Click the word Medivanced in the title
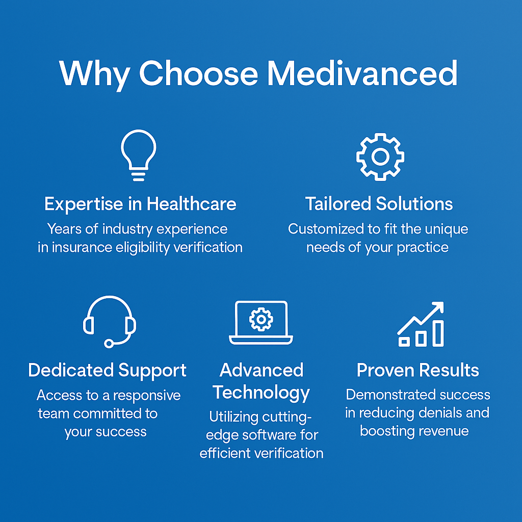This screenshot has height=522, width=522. (362, 73)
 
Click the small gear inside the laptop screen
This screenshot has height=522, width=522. (261, 319)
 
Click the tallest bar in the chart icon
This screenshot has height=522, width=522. (438, 333)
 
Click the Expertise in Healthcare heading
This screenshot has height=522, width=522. (140, 204)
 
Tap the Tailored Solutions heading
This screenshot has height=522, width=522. (379, 204)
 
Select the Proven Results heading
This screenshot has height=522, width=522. (418, 370)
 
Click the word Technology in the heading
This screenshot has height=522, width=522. (262, 393)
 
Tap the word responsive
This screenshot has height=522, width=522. (147, 396)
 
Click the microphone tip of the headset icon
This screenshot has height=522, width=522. (109, 343)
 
